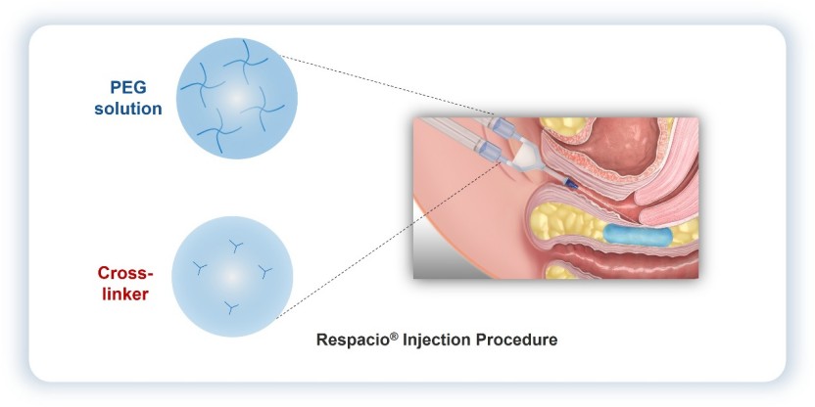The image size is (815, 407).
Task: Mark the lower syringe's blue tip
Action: coord(488,151)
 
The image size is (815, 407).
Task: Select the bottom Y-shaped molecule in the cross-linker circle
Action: coord(230,309)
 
